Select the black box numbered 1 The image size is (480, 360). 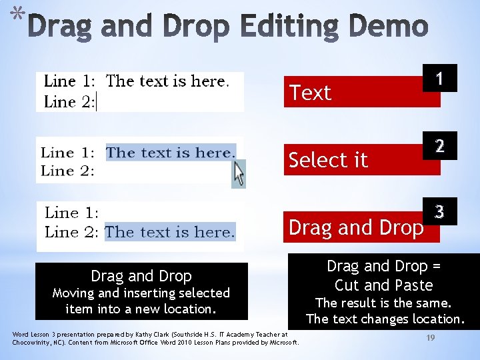pos(439,79)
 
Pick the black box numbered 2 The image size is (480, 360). pos(439,146)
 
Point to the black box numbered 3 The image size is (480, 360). pos(439,213)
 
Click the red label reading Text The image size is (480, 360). pos(311,93)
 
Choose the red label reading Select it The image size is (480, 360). pos(328,160)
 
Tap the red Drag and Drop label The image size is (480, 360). pos(356,227)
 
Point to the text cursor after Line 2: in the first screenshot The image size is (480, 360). pos(97,102)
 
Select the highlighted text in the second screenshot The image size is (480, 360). pos(171,152)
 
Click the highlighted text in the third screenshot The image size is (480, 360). pos(170,232)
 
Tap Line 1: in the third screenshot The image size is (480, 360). pos(71,213)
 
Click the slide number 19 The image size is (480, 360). pos(431,339)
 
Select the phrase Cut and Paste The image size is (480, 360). pos(383,286)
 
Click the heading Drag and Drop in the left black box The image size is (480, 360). pos(141,276)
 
